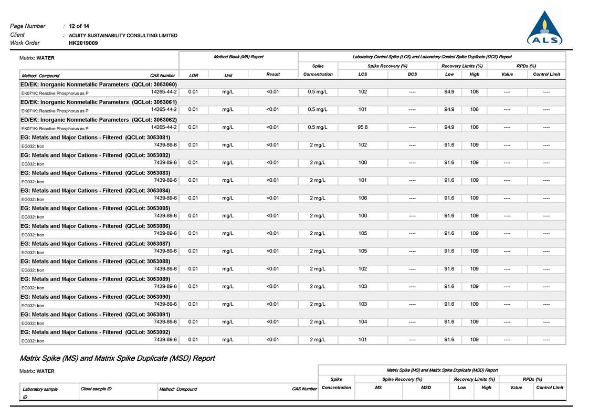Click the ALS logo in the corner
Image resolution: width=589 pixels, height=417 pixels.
[545, 28]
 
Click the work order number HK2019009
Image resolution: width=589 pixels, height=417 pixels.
[83, 43]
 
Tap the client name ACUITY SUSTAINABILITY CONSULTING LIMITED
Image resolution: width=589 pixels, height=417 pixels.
[123, 35]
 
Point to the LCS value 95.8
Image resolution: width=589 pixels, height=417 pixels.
[363, 127]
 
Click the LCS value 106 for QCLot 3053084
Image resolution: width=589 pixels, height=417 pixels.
[363, 198]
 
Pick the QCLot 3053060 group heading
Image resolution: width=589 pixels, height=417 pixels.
[99, 84]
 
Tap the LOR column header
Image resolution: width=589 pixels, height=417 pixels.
[193, 75]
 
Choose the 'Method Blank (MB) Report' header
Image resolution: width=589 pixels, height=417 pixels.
[238, 57]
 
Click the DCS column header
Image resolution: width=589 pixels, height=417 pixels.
[412, 75]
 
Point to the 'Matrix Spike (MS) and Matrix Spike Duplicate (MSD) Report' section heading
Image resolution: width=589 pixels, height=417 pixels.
[117, 358]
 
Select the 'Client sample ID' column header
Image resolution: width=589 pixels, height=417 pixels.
[96, 389]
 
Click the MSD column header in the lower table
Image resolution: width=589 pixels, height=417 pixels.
[426, 388]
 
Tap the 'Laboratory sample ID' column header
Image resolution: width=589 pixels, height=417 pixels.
[40, 392]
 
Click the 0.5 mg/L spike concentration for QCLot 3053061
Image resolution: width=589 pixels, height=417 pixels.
[318, 109]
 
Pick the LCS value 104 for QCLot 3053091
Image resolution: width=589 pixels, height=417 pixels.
[363, 321]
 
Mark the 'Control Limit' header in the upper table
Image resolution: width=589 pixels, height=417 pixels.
[546, 75]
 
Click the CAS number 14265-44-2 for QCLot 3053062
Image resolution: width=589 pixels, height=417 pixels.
[164, 127]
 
